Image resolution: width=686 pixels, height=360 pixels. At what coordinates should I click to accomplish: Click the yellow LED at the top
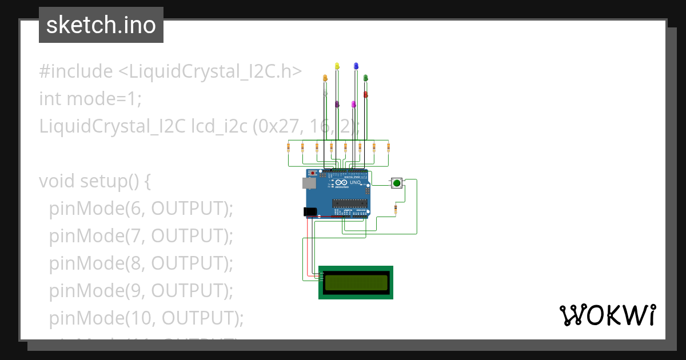point(337,66)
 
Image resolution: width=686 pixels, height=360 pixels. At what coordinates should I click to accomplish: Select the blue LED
point(356,66)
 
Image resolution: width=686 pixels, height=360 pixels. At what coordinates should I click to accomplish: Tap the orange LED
point(325,77)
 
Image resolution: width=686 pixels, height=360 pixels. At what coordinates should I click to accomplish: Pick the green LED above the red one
point(366,77)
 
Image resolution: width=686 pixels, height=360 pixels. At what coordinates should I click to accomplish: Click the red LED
point(366,94)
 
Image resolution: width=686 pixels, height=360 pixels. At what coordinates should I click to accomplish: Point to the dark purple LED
point(337,105)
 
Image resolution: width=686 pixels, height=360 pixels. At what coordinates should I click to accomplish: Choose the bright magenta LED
point(354,105)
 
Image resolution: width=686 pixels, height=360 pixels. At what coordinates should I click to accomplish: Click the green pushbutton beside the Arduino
point(396,183)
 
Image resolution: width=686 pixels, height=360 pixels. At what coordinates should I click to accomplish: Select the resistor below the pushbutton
point(396,210)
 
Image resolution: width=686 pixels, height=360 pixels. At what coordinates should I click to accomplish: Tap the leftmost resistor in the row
point(288,148)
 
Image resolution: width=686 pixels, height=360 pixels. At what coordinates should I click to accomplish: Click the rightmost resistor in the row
point(388,148)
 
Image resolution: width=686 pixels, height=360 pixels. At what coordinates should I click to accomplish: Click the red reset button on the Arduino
point(312,173)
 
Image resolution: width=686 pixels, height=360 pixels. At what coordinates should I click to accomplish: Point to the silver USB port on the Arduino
point(309,183)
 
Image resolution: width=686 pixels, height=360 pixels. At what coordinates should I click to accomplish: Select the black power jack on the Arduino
point(309,211)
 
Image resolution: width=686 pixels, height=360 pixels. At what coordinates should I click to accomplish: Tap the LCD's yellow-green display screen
point(356,282)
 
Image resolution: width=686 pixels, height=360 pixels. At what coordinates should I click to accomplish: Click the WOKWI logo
point(607,315)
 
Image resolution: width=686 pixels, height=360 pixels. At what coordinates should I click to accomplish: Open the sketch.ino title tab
point(101,25)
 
